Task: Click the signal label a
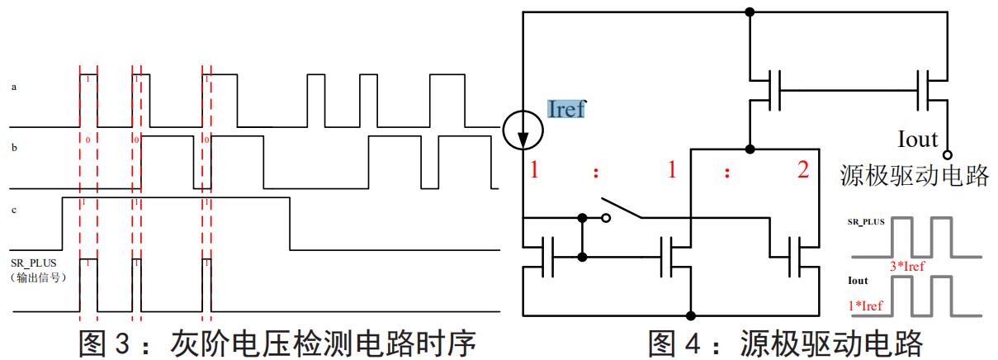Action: (x=14, y=86)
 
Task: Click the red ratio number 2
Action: (x=803, y=172)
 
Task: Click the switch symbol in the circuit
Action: (x=623, y=209)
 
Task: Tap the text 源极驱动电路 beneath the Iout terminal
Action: (x=914, y=175)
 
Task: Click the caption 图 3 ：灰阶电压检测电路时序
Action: (x=277, y=342)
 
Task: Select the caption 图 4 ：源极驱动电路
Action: (x=784, y=342)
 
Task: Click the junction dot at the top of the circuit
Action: (x=750, y=12)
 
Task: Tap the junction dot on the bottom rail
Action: (x=690, y=315)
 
